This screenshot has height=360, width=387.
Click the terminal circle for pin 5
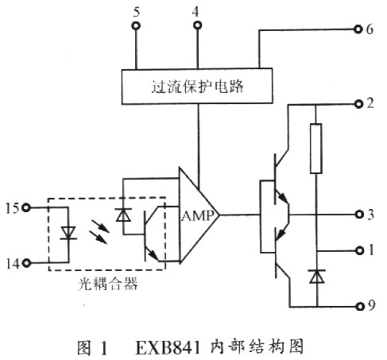coord(136,26)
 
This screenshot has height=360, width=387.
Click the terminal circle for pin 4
coord(197,26)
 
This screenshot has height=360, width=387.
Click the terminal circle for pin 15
coord(28,208)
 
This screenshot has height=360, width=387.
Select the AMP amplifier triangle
coord(197,214)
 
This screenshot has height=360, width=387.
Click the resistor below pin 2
coord(315,149)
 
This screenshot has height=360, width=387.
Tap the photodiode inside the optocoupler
coord(122,215)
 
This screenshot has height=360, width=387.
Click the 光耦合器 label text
coord(107,283)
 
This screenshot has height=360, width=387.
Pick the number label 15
coord(12,208)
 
